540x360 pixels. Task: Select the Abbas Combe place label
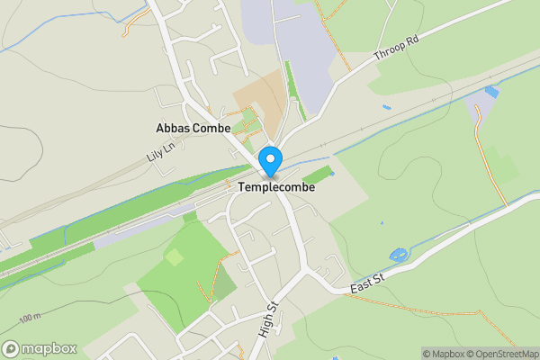click(193, 129)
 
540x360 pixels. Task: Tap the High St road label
click(267, 319)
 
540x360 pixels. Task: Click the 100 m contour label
click(31, 319)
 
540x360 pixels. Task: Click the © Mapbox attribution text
click(444, 353)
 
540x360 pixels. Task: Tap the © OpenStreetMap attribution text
click(504, 353)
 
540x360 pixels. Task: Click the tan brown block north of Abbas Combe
click(258, 105)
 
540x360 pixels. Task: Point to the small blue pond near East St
click(397, 256)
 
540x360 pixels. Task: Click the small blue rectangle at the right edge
click(491, 92)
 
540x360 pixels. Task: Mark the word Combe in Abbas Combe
click(212, 129)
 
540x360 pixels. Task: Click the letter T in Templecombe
click(244, 190)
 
